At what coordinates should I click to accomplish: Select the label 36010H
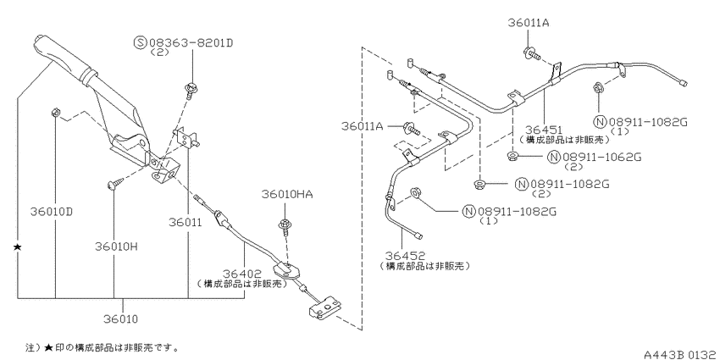pyautogui.click(x=117, y=246)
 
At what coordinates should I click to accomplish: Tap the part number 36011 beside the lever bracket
pyautogui.click(x=185, y=222)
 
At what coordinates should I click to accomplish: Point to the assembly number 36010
pyautogui.click(x=121, y=318)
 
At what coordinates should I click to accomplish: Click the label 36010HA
pyautogui.click(x=287, y=194)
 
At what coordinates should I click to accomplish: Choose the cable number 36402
pyautogui.click(x=242, y=274)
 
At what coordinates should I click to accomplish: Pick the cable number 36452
pyautogui.click(x=406, y=255)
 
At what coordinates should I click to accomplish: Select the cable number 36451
pyautogui.click(x=543, y=130)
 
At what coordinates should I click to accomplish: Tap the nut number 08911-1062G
pyautogui.click(x=601, y=157)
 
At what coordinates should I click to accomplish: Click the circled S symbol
pyautogui.click(x=140, y=43)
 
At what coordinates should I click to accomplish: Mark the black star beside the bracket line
pyautogui.click(x=18, y=247)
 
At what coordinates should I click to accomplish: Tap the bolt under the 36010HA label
pyautogui.click(x=285, y=228)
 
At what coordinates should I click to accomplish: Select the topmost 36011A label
pyautogui.click(x=529, y=23)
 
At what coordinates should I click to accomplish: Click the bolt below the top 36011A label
pyautogui.click(x=530, y=54)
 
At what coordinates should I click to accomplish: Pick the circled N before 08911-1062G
pyautogui.click(x=555, y=157)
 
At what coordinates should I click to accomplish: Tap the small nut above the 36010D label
pyautogui.click(x=55, y=111)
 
